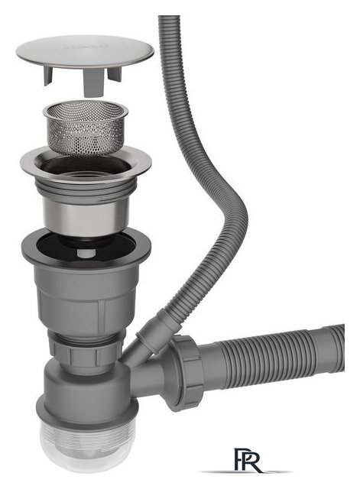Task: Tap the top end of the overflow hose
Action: coord(169,23)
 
